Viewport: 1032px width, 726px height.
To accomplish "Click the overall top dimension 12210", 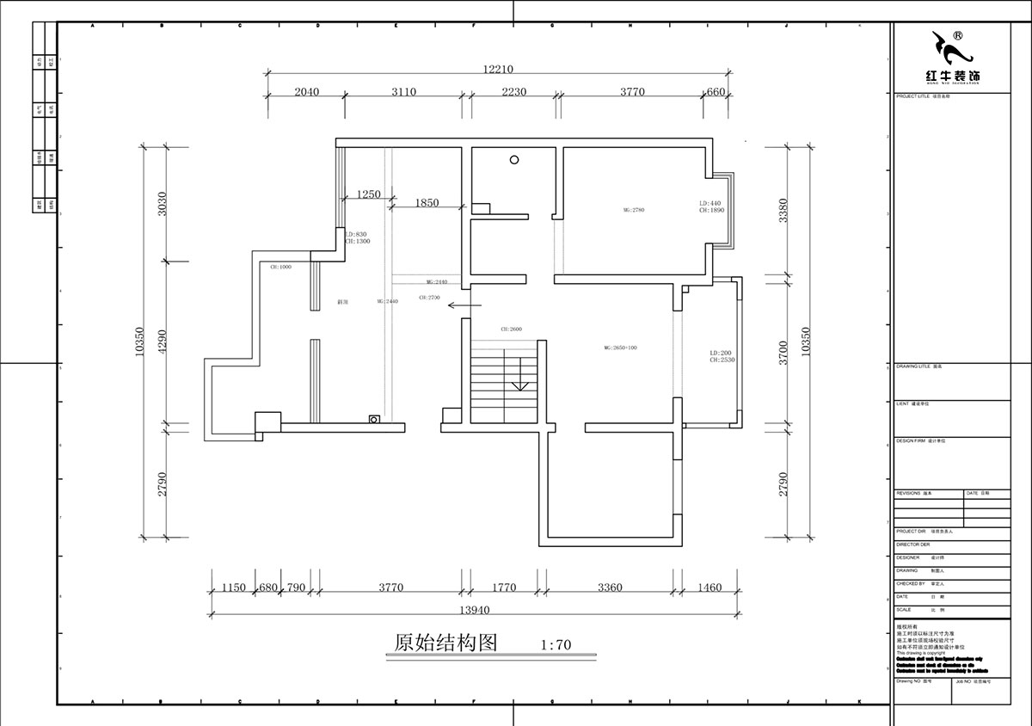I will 497,69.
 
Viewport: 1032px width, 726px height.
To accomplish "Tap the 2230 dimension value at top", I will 513,92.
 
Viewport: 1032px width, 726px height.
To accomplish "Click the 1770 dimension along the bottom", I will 504,588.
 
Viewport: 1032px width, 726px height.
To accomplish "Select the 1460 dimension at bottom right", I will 709,588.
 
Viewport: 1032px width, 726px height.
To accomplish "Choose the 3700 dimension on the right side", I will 783,353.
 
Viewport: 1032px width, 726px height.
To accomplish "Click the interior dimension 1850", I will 427,203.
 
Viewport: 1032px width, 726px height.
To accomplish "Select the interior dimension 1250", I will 368,194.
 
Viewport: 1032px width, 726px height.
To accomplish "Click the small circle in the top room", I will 514,159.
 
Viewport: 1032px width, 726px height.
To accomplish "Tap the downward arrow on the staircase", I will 519,385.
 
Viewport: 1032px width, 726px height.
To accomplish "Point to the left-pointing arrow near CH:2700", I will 458,305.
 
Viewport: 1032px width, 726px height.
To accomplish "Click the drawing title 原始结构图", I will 445,643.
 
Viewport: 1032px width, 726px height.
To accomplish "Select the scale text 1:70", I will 556,643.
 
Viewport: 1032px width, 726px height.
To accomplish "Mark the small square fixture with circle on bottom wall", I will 374,419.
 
